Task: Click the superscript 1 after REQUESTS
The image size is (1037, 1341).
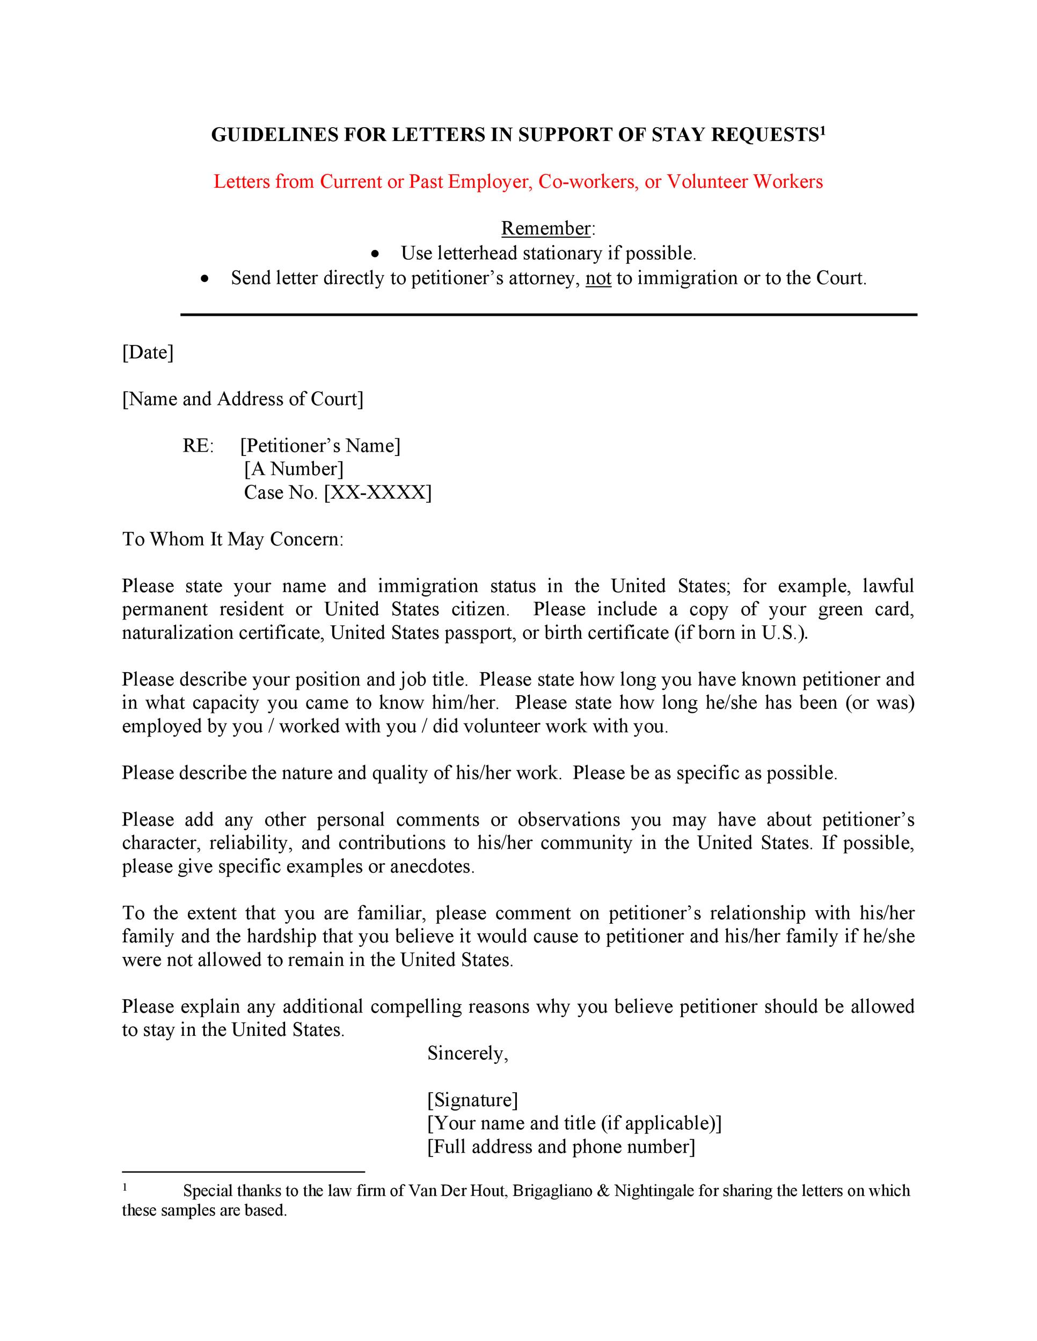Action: click(823, 130)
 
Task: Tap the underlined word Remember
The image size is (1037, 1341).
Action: click(545, 229)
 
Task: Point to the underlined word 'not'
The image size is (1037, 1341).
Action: click(598, 279)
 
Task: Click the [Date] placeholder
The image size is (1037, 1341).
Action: click(148, 352)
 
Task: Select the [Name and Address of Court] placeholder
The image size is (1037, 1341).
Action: click(243, 399)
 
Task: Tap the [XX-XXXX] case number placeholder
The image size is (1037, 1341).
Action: click(378, 492)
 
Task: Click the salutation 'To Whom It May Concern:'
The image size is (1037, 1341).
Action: click(233, 539)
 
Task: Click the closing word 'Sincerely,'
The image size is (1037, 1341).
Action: click(468, 1053)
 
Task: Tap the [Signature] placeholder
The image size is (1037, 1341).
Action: click(472, 1100)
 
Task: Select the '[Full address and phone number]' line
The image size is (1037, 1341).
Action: click(561, 1146)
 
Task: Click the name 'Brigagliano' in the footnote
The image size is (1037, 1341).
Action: click(551, 1191)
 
